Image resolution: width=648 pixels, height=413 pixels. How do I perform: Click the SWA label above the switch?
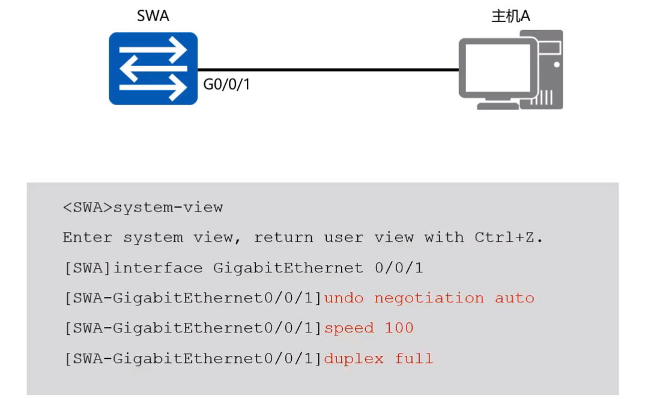pyautogui.click(x=153, y=16)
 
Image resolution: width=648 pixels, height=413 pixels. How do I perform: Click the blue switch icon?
pyautogui.click(x=153, y=69)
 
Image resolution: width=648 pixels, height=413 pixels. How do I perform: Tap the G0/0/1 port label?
pyautogui.click(x=227, y=84)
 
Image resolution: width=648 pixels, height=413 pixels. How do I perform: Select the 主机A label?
pyautogui.click(x=511, y=16)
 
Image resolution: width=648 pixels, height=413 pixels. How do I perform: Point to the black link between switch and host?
pyautogui.click(x=328, y=70)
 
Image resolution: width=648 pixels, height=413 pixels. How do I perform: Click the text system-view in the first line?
pyautogui.click(x=168, y=207)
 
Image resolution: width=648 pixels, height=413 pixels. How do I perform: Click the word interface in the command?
pyautogui.click(x=159, y=268)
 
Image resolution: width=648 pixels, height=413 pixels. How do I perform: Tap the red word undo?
pyautogui.click(x=344, y=298)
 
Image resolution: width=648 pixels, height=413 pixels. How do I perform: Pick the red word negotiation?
pyautogui.click(x=429, y=298)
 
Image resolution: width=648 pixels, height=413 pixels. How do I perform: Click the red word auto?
pyautogui.click(x=515, y=298)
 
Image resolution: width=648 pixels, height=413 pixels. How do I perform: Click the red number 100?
pyautogui.click(x=399, y=328)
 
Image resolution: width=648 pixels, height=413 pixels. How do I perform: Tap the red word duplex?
pyautogui.click(x=354, y=358)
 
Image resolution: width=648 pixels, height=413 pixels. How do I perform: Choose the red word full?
pyautogui.click(x=414, y=358)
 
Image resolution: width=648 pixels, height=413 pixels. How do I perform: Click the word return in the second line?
pyautogui.click(x=283, y=237)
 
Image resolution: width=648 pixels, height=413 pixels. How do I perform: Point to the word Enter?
pyautogui.click(x=88, y=237)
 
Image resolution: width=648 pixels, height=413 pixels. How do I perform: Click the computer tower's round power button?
pyautogui.click(x=557, y=64)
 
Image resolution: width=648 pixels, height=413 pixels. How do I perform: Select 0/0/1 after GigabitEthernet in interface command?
pyautogui.click(x=399, y=268)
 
